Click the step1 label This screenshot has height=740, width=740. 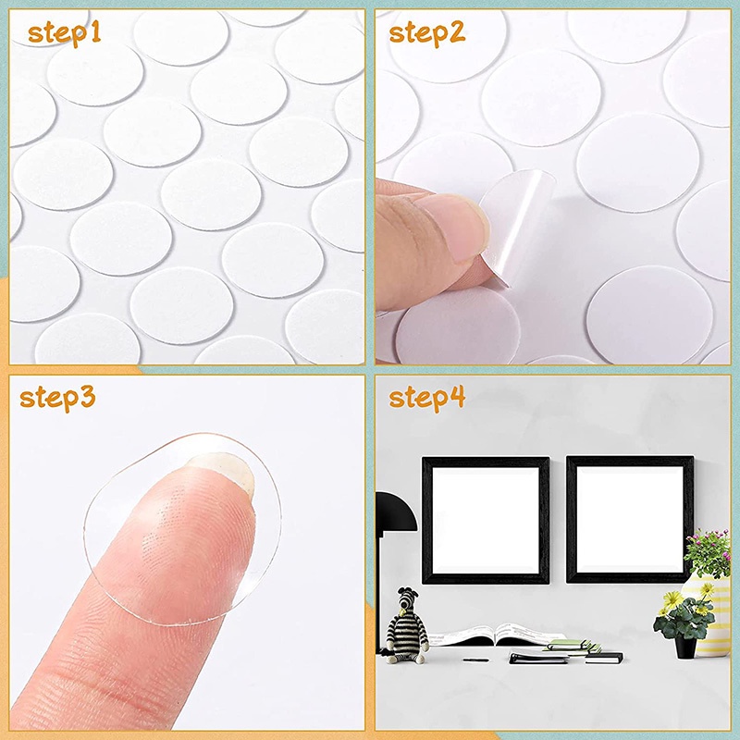point(64,34)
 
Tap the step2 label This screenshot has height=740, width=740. point(427,33)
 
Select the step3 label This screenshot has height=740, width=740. point(57,399)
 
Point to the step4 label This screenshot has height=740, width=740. point(427,399)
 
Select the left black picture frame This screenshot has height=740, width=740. point(486,520)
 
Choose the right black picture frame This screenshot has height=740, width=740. point(630,519)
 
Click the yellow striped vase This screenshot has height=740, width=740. point(708,613)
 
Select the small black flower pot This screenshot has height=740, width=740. point(685,647)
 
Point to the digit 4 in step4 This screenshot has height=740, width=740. point(457,397)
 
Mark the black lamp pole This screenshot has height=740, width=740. point(380,590)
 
